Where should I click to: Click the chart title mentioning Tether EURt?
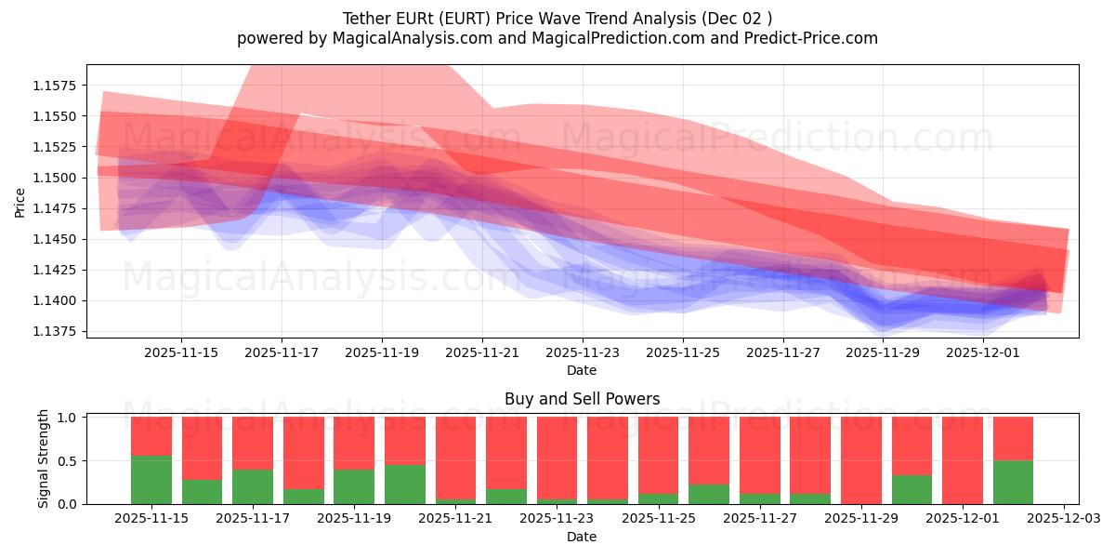557,19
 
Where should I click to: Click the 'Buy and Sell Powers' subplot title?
582,399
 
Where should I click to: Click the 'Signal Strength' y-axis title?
44,459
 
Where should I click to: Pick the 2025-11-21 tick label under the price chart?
482,352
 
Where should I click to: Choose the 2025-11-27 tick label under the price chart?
783,352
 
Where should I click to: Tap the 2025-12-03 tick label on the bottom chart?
1063,519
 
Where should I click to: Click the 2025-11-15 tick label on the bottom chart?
151,519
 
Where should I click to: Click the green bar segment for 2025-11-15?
151,480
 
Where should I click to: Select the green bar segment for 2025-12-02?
1013,483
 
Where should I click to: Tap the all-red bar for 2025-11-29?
861,460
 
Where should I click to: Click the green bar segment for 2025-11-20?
405,485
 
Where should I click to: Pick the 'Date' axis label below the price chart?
582,370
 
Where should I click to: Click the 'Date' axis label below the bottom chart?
582,537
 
